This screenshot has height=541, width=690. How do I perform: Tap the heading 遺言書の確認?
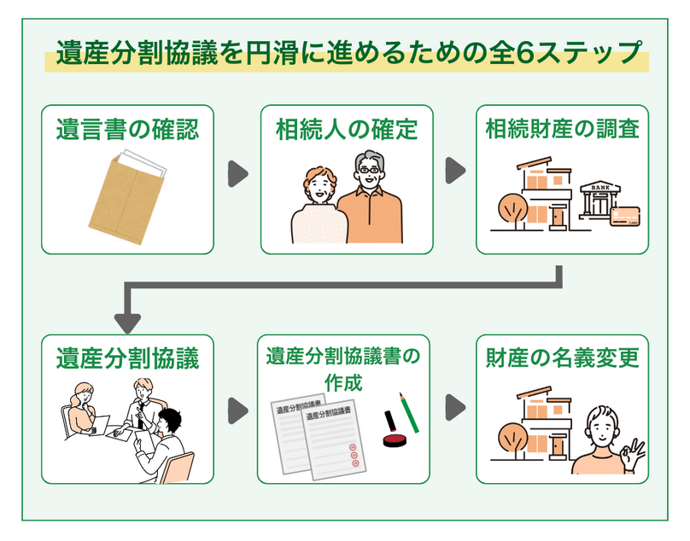pos(127,131)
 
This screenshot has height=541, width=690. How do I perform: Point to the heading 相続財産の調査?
pos(562,131)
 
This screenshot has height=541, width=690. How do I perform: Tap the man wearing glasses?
pos(370,202)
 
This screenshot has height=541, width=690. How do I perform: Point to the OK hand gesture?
pos(633,451)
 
